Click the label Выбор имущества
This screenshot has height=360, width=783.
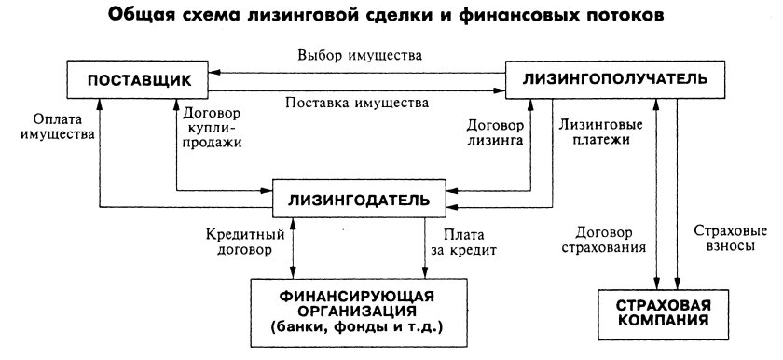[359, 56]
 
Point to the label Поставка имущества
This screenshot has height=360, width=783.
[357, 101]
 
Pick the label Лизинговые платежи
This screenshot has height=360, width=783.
[595, 129]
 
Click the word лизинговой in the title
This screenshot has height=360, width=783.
[318, 17]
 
